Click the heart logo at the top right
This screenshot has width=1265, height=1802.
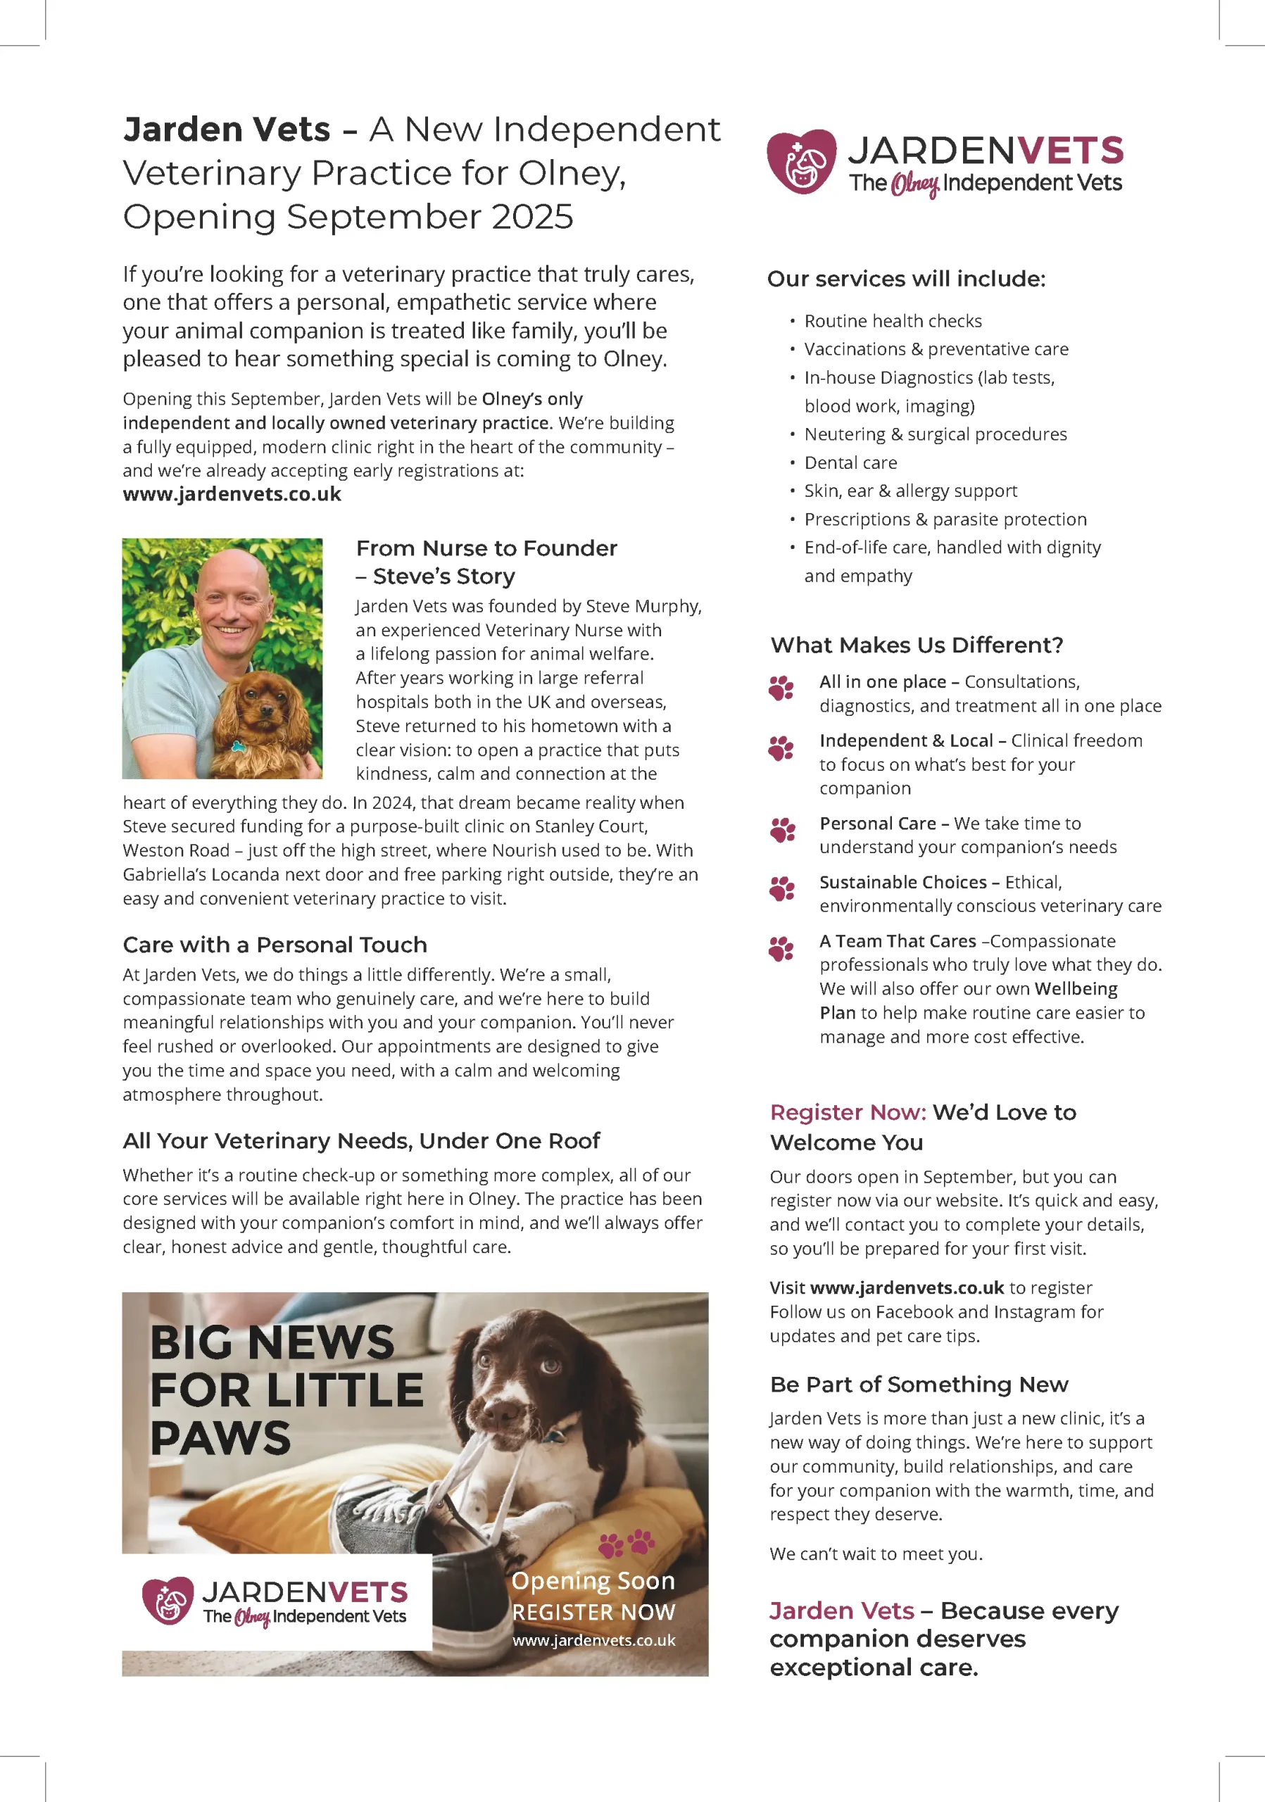coord(801,162)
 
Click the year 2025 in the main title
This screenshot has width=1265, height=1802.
coord(532,217)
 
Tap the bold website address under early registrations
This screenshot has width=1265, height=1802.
coord(232,494)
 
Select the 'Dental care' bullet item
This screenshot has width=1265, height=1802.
coord(850,463)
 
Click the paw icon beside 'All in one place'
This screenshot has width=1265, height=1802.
coord(781,688)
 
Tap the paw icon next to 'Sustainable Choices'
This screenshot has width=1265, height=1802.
coord(781,888)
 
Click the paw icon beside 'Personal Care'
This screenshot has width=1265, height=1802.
coord(782,830)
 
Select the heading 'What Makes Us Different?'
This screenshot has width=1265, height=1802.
coord(917,645)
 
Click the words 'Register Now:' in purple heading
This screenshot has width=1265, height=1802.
coord(848,1112)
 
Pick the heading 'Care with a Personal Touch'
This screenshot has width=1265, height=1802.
coord(275,945)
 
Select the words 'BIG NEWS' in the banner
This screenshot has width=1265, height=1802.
coord(272,1343)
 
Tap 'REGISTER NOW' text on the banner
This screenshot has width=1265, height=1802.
coord(593,1612)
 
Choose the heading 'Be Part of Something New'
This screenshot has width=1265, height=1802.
coord(919,1385)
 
